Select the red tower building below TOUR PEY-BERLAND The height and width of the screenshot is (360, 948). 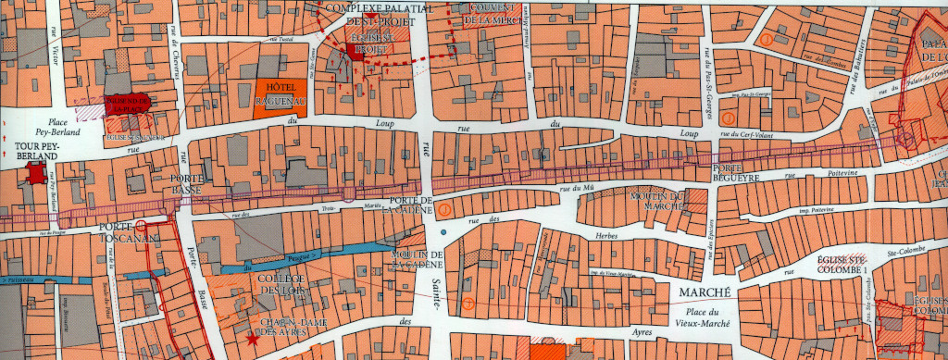pos(36,173)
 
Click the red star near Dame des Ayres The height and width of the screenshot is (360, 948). pos(253,340)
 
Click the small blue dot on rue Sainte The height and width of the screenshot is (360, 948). pos(445,230)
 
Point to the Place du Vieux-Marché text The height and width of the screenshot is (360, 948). pos(698,315)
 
